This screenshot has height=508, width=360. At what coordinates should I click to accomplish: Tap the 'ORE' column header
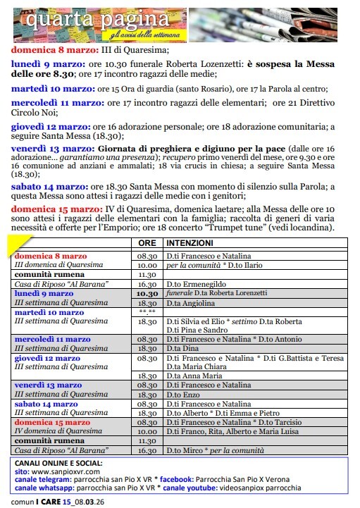[147, 242]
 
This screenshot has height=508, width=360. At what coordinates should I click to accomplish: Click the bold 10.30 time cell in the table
[147, 293]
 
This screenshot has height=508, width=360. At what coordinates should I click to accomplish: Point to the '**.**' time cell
[147, 311]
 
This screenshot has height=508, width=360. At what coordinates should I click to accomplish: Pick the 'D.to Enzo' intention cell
[182, 395]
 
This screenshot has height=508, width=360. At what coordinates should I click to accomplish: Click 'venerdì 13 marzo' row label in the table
[49, 385]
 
